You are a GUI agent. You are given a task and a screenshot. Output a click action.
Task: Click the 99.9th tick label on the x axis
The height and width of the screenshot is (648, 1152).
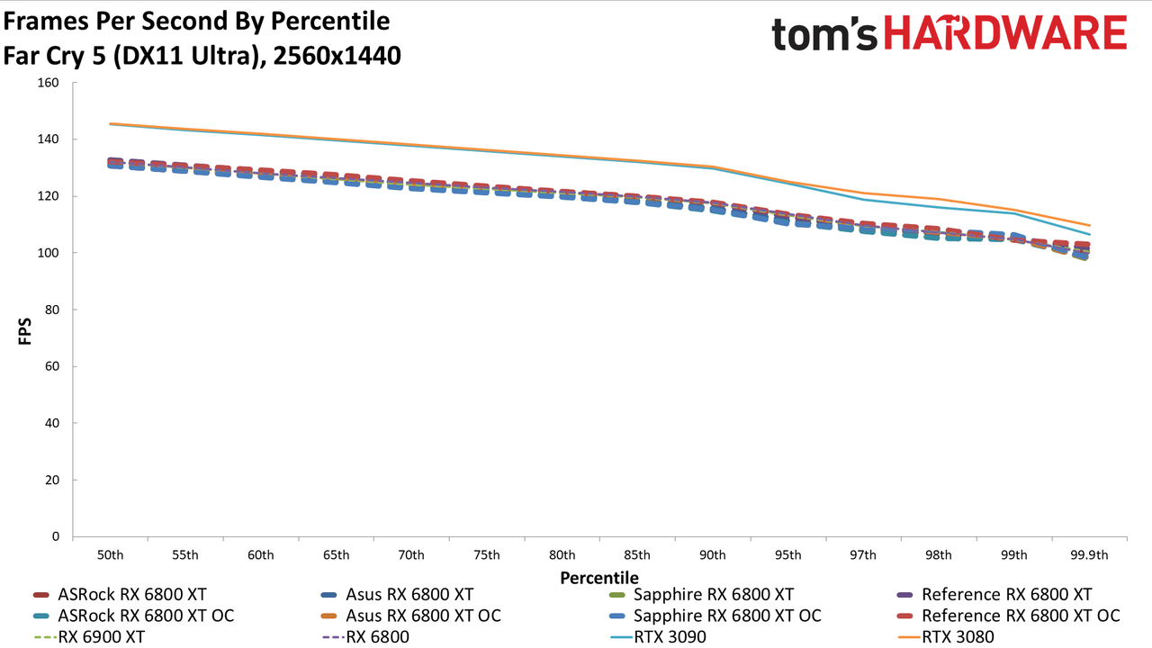click(1089, 555)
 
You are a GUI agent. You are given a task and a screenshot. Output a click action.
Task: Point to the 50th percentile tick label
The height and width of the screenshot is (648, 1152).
click(110, 555)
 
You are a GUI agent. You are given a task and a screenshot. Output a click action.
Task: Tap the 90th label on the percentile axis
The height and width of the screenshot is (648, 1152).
click(712, 555)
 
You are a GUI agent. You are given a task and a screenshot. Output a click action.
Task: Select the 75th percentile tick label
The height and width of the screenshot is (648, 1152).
click(487, 555)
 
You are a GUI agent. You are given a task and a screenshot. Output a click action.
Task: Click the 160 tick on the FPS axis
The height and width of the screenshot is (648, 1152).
click(49, 83)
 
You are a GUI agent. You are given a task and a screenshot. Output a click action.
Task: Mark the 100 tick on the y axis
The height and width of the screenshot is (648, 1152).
click(49, 253)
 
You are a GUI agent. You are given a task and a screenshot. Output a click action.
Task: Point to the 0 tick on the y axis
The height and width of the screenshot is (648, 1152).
click(56, 536)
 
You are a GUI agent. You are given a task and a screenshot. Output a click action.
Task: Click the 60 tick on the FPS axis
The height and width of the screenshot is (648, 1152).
click(52, 366)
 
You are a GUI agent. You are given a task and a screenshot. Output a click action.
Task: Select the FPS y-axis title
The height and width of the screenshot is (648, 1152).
click(24, 331)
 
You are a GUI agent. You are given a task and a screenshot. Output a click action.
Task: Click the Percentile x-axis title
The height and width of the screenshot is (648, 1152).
click(599, 578)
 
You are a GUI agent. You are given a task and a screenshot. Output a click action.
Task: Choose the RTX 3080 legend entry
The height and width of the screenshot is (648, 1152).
click(946, 637)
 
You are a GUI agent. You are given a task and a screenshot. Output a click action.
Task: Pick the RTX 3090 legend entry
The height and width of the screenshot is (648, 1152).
click(658, 637)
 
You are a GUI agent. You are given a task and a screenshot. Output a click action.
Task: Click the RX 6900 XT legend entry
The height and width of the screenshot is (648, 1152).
click(89, 637)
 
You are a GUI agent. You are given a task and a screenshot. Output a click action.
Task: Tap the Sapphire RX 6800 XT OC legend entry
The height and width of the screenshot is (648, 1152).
click(715, 616)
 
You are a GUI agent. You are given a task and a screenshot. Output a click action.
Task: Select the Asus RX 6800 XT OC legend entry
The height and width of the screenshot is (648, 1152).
click(410, 616)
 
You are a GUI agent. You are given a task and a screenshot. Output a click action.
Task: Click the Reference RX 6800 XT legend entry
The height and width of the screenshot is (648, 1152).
click(994, 595)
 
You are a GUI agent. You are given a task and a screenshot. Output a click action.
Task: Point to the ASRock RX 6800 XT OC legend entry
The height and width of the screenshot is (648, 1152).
click(133, 616)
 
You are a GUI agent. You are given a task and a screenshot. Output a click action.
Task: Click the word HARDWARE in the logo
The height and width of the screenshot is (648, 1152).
click(1005, 33)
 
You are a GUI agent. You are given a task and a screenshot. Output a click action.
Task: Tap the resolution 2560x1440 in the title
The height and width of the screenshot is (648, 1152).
click(337, 56)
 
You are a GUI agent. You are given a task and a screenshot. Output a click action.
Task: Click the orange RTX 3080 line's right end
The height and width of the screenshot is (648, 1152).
click(1090, 225)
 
